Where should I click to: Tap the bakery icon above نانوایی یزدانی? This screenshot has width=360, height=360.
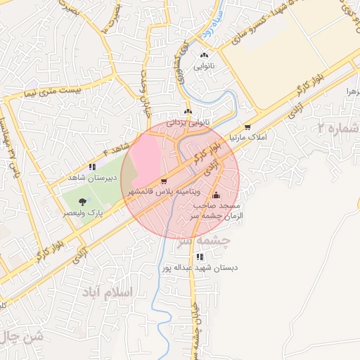point(188,112)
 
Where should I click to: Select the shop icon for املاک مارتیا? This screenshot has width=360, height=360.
point(247,127)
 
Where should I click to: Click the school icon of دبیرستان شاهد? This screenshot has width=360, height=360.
point(92,167)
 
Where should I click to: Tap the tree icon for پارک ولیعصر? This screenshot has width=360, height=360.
point(83,202)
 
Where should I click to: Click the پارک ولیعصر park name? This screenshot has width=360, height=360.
point(83,212)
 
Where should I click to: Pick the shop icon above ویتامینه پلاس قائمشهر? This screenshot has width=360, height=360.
point(164,180)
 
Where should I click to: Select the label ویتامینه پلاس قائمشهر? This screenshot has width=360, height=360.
point(165,191)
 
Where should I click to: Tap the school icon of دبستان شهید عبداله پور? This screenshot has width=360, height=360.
point(200,257)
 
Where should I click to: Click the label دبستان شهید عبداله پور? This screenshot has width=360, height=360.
point(200,268)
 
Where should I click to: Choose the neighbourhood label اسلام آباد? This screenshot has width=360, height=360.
point(108,292)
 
